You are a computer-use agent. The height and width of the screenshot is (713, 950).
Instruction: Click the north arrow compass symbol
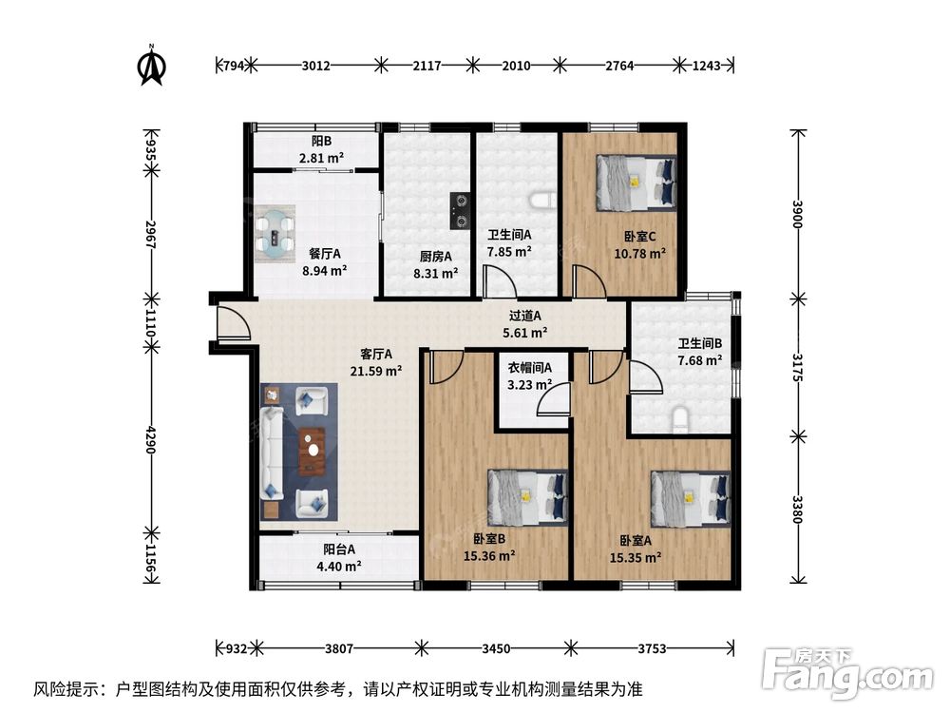click(x=152, y=65)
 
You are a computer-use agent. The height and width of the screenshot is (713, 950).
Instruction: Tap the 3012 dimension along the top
click(x=315, y=65)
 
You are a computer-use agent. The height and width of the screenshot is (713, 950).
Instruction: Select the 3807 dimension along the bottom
click(x=339, y=648)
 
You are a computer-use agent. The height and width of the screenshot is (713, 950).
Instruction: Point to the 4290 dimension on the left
click(x=151, y=439)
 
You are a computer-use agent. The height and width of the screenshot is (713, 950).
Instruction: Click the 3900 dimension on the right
click(x=797, y=214)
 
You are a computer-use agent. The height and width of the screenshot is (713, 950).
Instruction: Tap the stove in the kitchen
click(x=460, y=210)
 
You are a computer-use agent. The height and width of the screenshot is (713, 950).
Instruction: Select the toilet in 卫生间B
click(x=681, y=420)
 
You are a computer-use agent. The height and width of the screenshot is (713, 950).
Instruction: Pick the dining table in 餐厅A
click(x=275, y=234)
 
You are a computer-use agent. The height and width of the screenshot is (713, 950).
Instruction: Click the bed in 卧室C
click(x=636, y=183)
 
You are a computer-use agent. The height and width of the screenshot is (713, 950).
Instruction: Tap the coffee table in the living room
click(x=312, y=451)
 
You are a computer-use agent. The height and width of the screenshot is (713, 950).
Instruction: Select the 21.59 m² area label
click(x=376, y=371)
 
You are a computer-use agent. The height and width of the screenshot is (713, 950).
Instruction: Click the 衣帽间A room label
click(x=529, y=367)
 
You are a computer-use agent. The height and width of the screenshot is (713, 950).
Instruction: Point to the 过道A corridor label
click(x=524, y=316)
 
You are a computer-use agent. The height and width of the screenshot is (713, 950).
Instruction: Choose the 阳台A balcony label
click(x=339, y=549)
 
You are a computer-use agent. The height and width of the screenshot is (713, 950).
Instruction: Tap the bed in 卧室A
click(x=691, y=499)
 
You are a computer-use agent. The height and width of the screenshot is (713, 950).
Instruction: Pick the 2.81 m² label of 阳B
click(x=321, y=158)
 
